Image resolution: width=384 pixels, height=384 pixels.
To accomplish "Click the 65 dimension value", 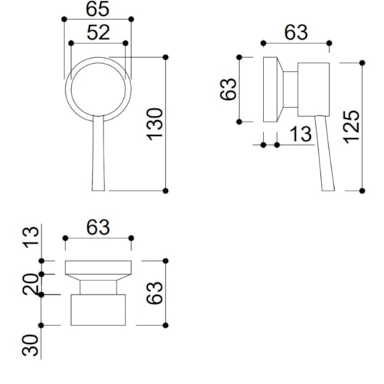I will tap(98, 9).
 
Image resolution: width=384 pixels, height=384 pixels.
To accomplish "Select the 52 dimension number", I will tap(99, 32).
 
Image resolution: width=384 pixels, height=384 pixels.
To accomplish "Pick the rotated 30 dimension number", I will tap(31, 344).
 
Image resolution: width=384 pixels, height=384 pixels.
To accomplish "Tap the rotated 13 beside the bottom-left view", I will tap(31, 237).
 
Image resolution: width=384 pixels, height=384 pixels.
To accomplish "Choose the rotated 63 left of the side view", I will tap(229, 90).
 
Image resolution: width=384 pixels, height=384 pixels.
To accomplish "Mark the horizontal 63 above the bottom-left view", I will tap(98, 227).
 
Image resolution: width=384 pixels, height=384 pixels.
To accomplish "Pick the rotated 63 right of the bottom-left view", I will tap(155, 293).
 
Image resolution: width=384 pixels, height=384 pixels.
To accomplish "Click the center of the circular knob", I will tap(98, 85).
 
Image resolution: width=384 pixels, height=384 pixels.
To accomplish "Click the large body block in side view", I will tap(314, 88).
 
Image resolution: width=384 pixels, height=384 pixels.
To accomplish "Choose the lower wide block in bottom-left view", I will tap(99, 309).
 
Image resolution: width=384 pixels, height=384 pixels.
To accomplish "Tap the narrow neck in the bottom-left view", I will tap(99, 285).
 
